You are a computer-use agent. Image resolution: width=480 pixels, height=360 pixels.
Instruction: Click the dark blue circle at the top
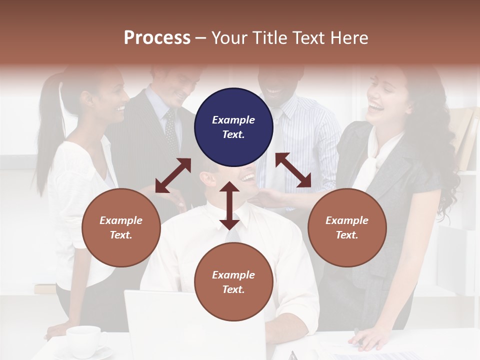(233, 127)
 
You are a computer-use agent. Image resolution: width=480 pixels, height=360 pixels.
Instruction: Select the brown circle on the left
(121, 227)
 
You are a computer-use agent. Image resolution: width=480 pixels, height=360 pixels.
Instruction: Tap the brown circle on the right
(347, 227)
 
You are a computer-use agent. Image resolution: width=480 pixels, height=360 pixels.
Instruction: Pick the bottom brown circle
(233, 282)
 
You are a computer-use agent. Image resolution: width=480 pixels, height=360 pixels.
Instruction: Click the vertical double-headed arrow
(229, 205)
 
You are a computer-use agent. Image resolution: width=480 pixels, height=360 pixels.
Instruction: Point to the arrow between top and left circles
(173, 175)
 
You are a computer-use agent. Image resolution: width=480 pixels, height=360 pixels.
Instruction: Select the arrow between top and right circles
(293, 170)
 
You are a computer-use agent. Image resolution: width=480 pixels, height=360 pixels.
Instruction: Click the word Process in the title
(157, 37)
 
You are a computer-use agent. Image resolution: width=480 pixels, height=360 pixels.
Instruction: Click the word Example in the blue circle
(233, 120)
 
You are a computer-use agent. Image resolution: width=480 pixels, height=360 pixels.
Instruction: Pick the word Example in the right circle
(347, 220)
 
